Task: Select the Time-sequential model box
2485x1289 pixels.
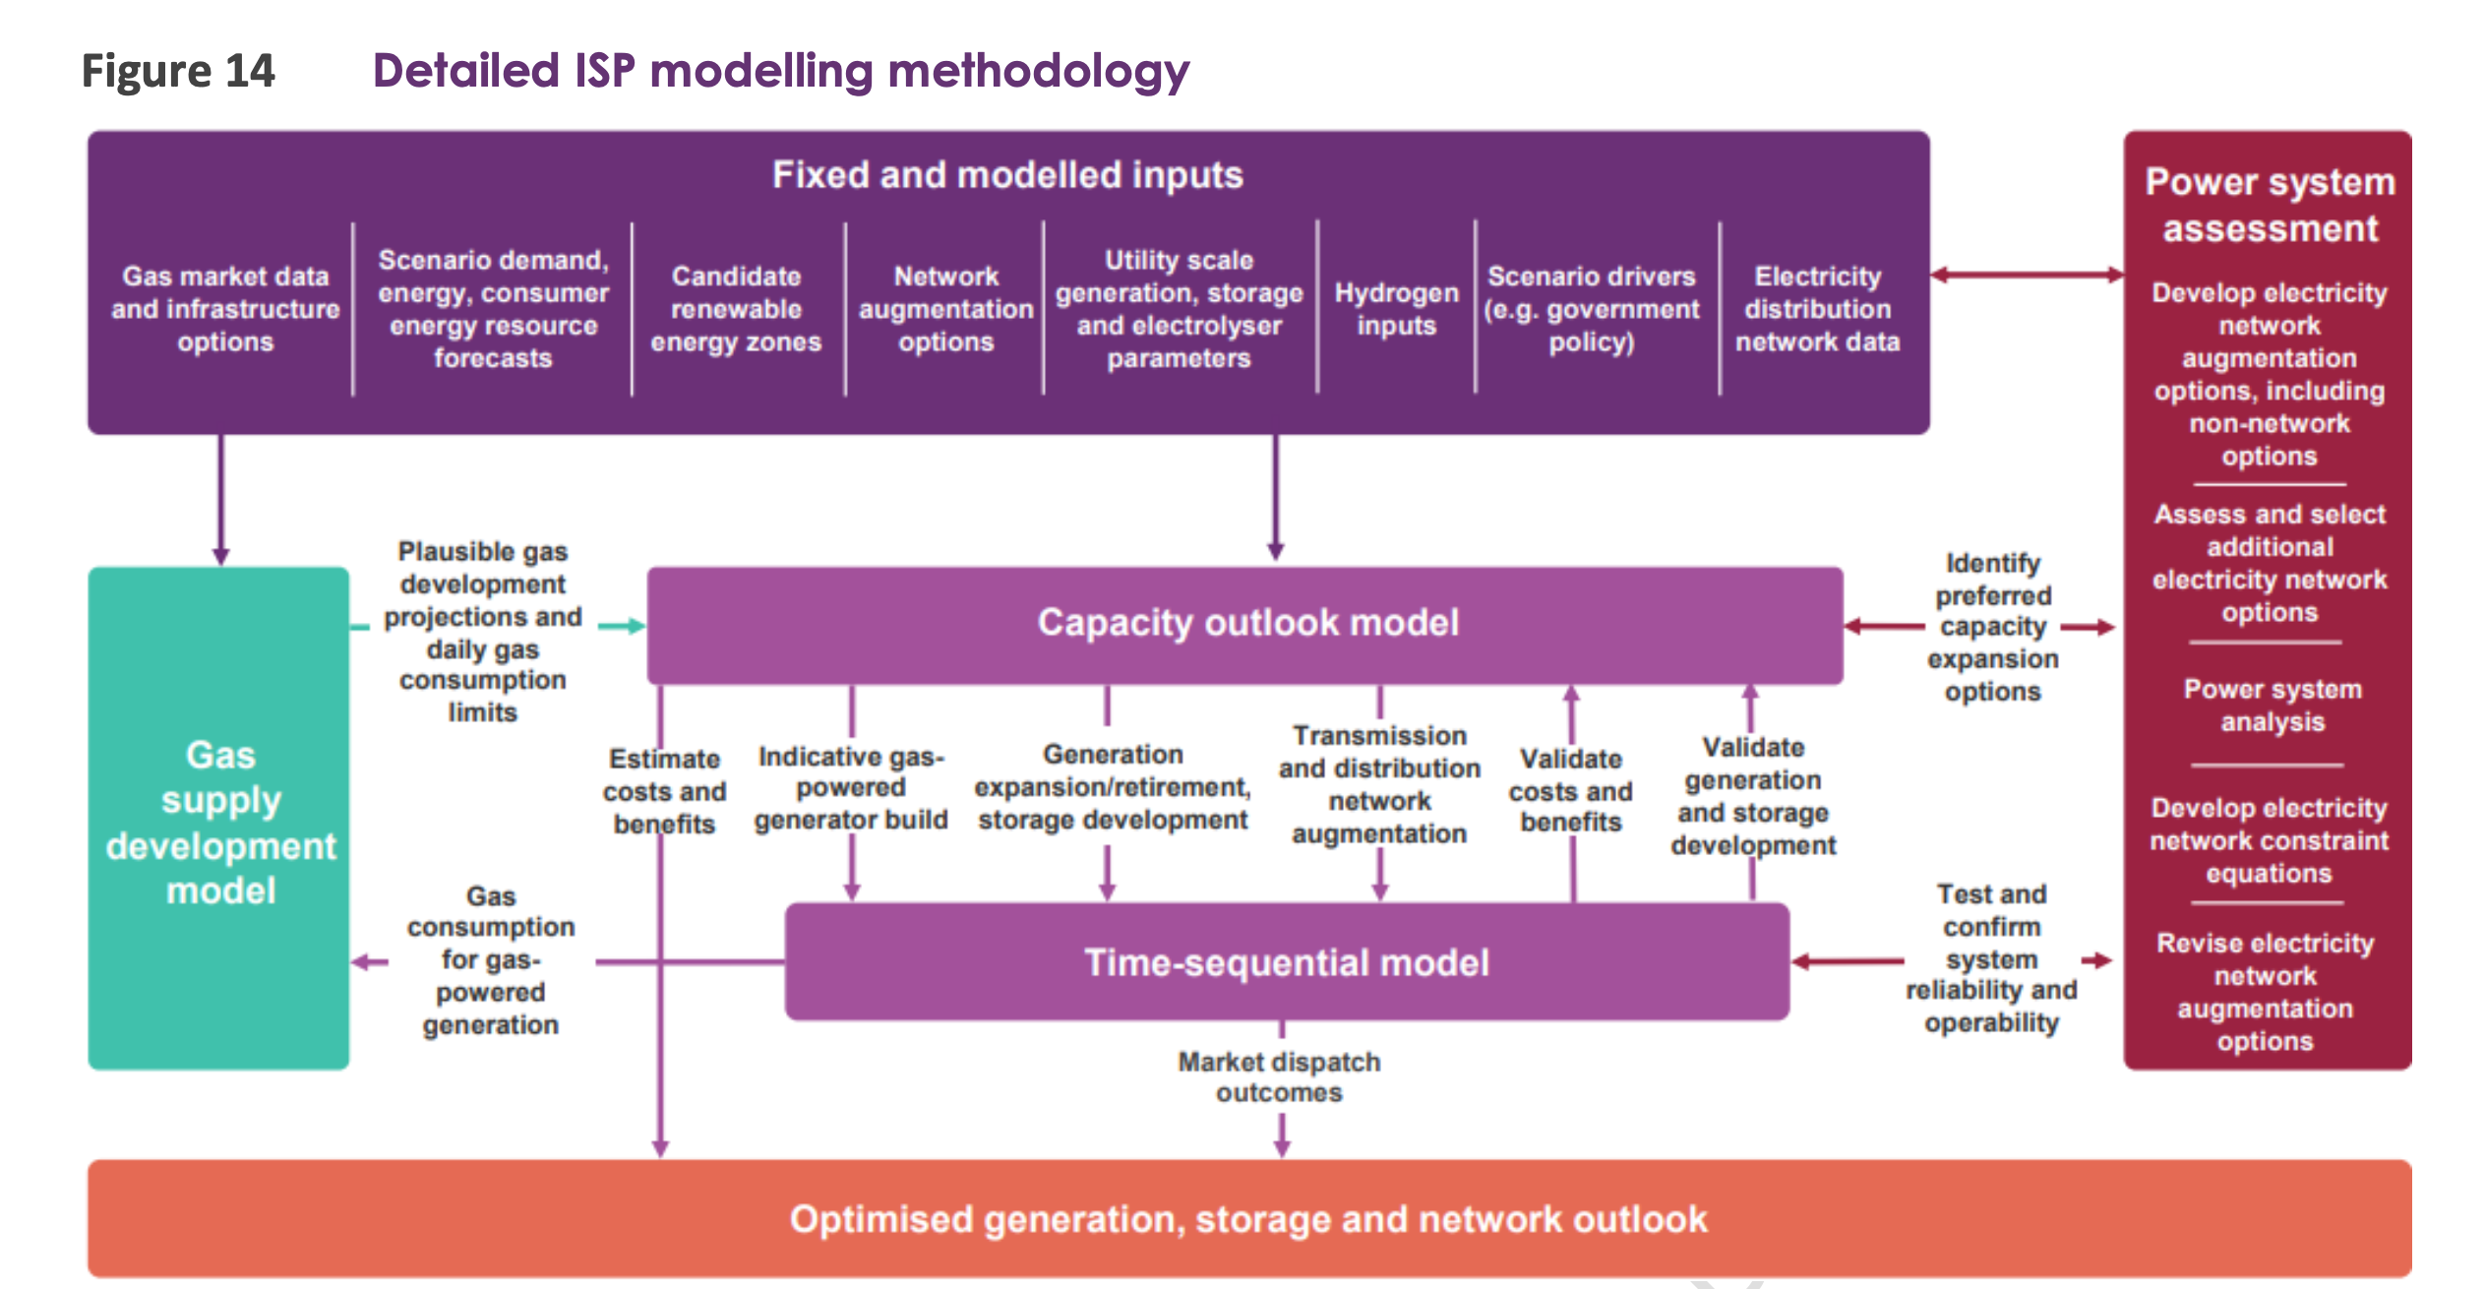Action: [1286, 962]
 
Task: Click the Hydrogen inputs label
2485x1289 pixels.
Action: [1395, 309]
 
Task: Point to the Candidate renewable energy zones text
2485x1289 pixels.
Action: [736, 309]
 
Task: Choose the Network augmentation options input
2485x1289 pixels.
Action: [945, 309]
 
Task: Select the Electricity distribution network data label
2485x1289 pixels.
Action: [1817, 309]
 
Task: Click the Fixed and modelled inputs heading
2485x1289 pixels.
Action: [1007, 175]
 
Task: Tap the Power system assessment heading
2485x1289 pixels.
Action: [2270, 205]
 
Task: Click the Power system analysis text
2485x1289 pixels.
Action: [2272, 706]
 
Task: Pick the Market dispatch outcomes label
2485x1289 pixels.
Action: [1279, 1077]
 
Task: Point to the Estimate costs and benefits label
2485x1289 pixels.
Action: [665, 791]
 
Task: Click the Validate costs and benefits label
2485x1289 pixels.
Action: [1570, 790]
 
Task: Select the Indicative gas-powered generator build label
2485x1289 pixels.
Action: [851, 788]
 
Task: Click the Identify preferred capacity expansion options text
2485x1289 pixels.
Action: [1992, 627]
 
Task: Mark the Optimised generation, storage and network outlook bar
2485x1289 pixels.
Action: [1248, 1219]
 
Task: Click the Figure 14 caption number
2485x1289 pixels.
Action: [178, 71]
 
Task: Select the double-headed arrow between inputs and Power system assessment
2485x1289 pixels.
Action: [2027, 276]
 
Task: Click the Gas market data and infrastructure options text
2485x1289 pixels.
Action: [225, 309]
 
